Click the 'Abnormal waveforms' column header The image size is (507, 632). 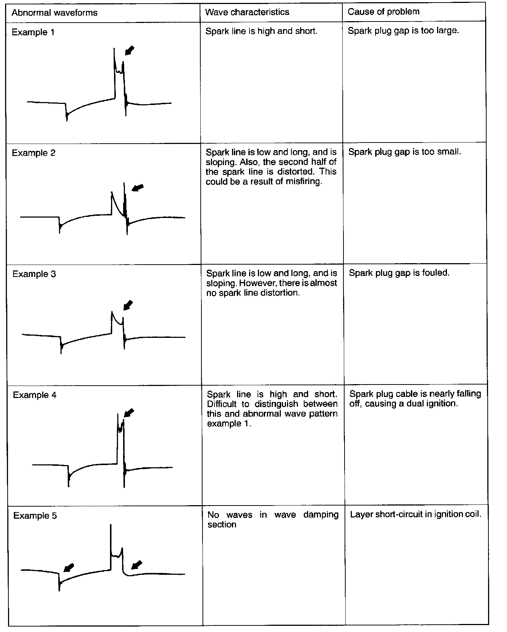(x=55, y=13)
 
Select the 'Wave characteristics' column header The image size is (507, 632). (x=247, y=12)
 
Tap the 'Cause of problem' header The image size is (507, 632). (x=384, y=12)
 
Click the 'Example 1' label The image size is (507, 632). (x=33, y=32)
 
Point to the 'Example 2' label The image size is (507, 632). (x=34, y=153)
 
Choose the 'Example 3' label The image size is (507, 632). (x=34, y=274)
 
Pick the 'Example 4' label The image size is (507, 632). (x=35, y=395)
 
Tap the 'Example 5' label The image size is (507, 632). (x=35, y=516)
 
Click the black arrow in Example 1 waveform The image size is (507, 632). (x=129, y=51)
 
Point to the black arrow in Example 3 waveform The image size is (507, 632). (x=128, y=305)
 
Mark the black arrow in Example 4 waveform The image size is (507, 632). (x=129, y=413)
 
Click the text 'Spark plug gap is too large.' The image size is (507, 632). (x=403, y=31)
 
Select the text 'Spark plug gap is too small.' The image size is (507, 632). (x=404, y=152)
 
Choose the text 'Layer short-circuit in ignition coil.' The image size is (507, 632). (x=416, y=514)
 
